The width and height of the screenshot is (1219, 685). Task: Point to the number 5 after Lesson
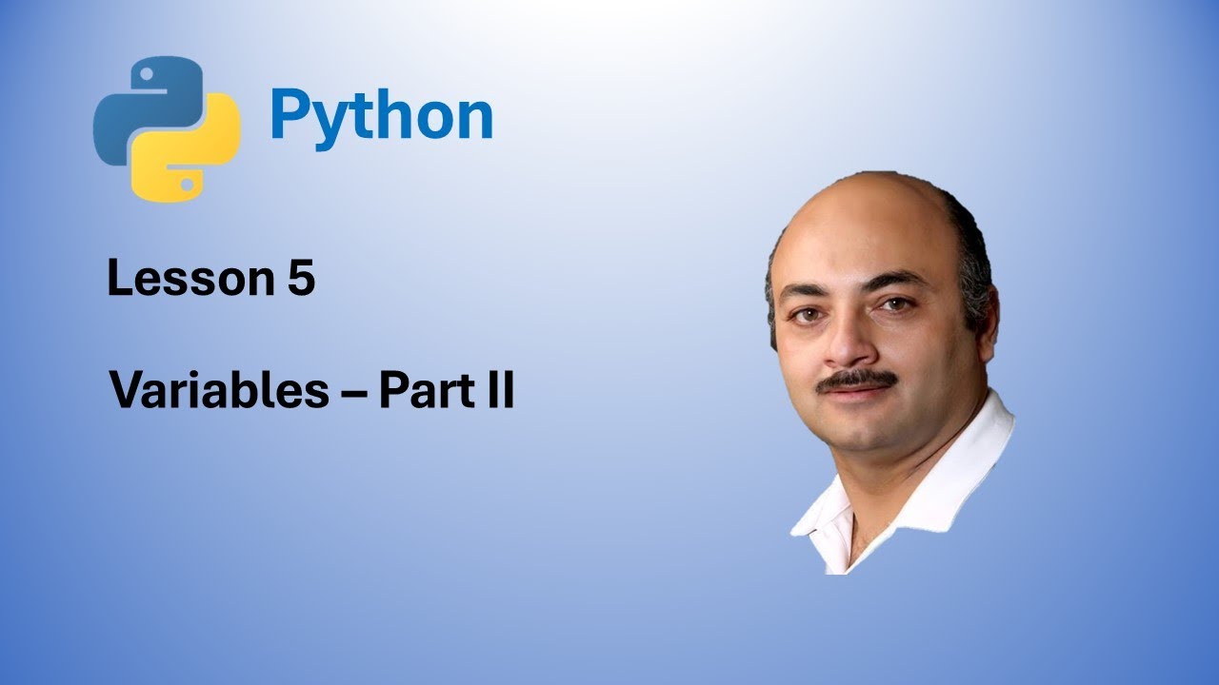(x=301, y=280)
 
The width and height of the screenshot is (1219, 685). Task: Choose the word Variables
(x=219, y=390)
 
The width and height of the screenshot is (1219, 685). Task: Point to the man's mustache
(x=857, y=379)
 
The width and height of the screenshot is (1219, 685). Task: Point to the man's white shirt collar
(x=962, y=476)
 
